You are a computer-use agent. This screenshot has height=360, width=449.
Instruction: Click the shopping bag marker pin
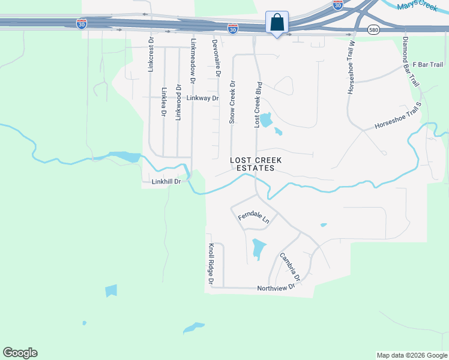277,23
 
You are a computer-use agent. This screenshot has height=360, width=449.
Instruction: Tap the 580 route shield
373,30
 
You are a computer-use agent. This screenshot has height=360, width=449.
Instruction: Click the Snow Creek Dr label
232,103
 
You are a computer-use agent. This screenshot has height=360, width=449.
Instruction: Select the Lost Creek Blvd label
258,104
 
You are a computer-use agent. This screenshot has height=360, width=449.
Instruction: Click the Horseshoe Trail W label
352,71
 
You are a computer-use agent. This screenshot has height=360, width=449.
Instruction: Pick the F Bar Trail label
427,64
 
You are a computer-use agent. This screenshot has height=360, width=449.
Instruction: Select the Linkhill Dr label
166,181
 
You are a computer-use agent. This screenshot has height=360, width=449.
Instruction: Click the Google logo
20,353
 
